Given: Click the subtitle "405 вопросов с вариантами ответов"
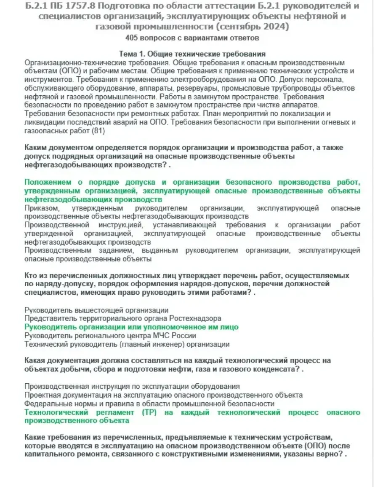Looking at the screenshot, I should [x=192, y=38].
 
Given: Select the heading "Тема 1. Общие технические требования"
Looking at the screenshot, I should [x=192, y=54].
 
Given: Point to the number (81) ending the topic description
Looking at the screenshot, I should [x=98, y=131].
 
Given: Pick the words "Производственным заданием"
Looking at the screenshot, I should [x=80, y=250].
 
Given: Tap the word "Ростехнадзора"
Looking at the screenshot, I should [x=196, y=318].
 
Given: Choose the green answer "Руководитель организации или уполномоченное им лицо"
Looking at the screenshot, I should [x=131, y=327].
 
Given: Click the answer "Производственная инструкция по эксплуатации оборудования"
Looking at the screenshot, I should [x=132, y=386].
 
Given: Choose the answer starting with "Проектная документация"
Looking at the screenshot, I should [x=163, y=395].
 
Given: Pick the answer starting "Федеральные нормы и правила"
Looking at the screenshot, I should [x=149, y=404].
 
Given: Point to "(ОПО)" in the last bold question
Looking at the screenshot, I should [x=311, y=446].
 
